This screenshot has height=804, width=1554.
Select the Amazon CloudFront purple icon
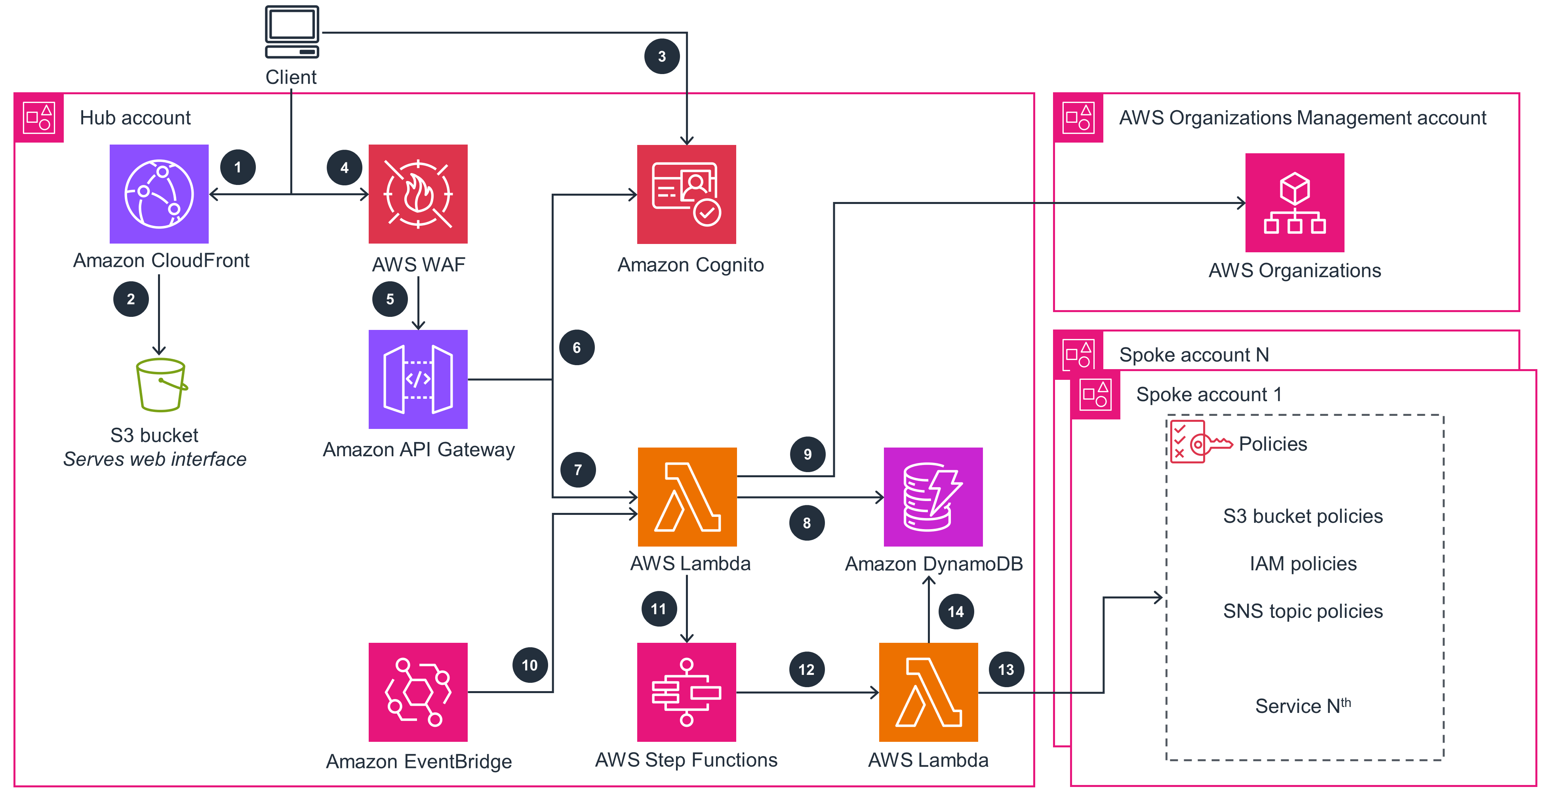[x=159, y=194]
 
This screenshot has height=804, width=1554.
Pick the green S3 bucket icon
[x=160, y=385]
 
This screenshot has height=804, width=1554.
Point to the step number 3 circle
[x=662, y=56]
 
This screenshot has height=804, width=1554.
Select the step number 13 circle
[x=1006, y=669]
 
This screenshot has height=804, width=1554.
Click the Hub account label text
[x=135, y=118]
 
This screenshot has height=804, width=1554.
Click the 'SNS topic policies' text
[x=1303, y=611]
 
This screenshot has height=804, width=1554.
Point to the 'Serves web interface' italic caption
[x=154, y=459]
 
